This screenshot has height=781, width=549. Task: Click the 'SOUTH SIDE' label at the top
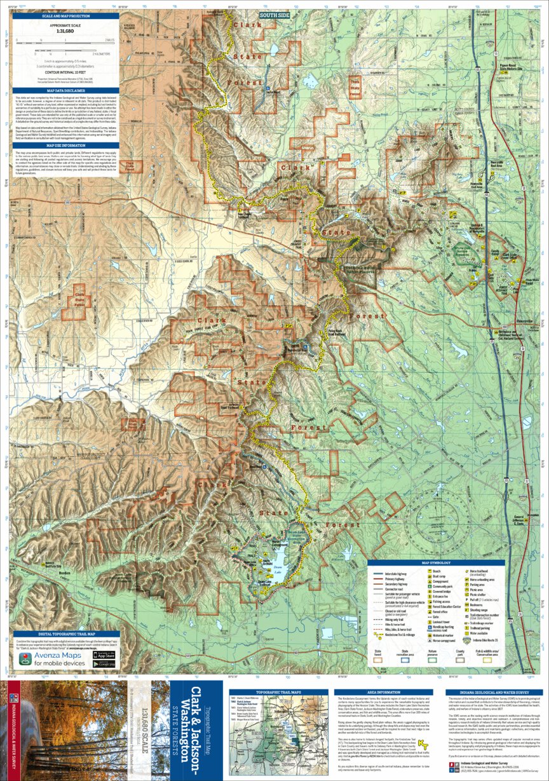point(274,13)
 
